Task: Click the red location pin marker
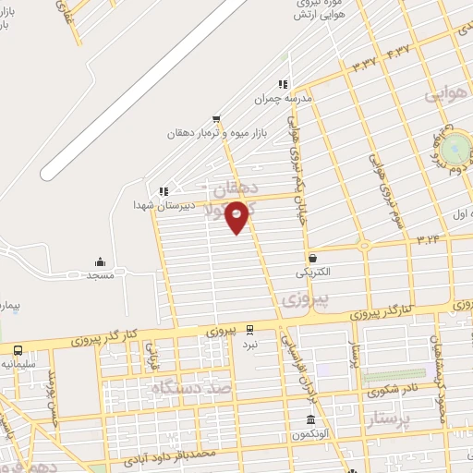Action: (237, 215)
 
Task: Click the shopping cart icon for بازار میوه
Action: (216, 118)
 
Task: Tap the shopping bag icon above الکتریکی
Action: (313, 258)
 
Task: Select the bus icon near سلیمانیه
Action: (18, 350)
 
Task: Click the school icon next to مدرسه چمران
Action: (283, 83)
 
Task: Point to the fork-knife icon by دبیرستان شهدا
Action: (164, 191)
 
